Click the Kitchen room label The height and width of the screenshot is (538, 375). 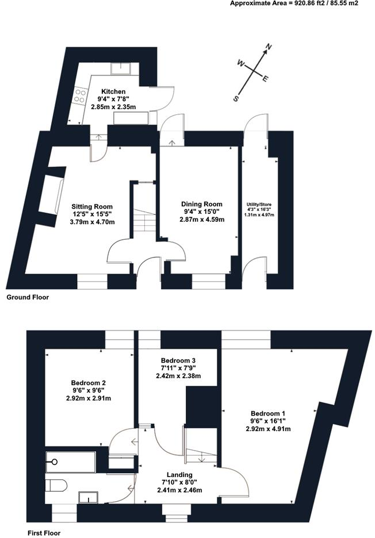pos(113,91)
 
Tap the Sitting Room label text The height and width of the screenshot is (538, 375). pos(92,206)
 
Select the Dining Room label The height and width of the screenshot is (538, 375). pos(201,204)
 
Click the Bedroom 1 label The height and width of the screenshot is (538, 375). pos(268,413)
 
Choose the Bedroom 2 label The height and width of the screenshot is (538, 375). pos(88,383)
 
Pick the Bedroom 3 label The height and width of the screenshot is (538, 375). pos(178,361)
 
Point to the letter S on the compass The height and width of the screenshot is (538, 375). pos(236,99)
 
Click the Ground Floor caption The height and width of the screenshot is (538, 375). pos(28,298)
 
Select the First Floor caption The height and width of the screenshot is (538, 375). pos(44,533)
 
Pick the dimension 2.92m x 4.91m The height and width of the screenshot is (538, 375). pos(268,429)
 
